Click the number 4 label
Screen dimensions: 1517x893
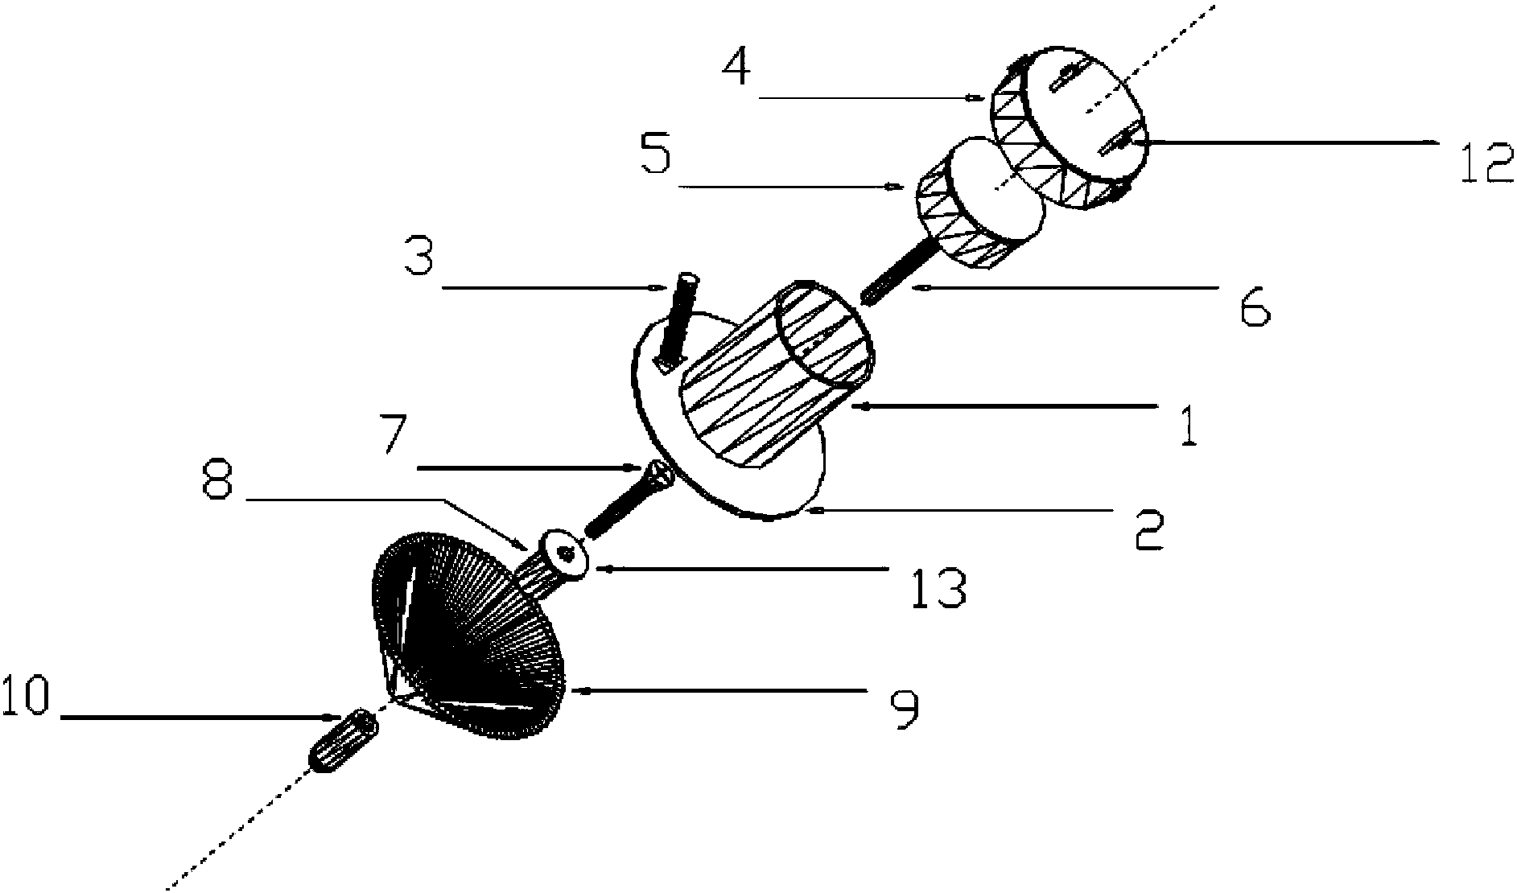pos(736,68)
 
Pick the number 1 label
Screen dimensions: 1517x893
pos(1188,426)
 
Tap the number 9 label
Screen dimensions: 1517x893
pos(904,709)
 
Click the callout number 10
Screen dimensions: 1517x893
pos(26,696)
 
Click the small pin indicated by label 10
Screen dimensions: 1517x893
pos(342,742)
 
